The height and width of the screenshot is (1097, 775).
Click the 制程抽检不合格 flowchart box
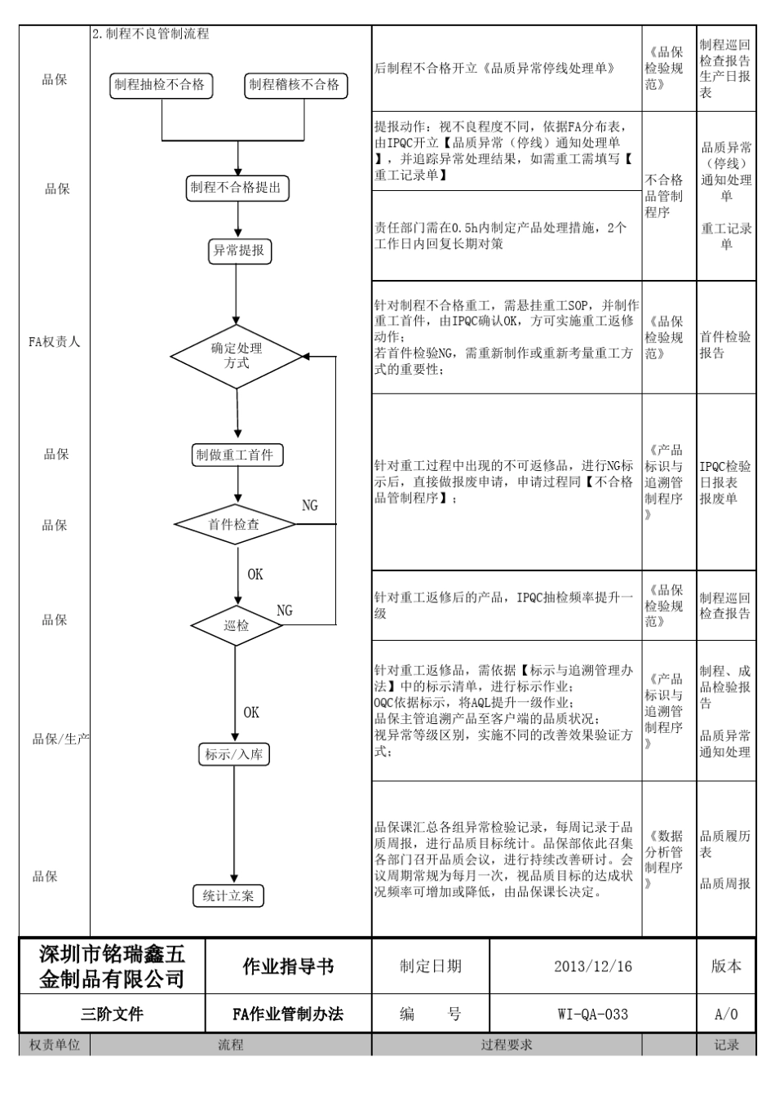(160, 85)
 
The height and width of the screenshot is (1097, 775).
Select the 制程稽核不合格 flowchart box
(295, 85)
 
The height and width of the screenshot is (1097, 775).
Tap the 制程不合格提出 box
(237, 188)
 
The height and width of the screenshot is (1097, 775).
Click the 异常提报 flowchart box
(238, 251)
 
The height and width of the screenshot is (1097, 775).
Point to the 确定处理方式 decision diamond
(237, 356)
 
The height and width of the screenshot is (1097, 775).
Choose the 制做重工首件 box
(237, 455)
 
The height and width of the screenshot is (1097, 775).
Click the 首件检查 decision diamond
(235, 525)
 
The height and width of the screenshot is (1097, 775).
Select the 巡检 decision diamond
(237, 626)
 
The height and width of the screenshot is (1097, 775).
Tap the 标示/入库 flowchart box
(234, 755)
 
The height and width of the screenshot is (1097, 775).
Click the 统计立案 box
(228, 896)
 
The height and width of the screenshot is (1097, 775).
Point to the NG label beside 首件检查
(310, 506)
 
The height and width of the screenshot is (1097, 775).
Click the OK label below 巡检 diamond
(251, 713)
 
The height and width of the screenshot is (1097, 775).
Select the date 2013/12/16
(592, 966)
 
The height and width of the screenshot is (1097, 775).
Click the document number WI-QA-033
(592, 1015)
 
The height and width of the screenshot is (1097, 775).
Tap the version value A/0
(726, 1015)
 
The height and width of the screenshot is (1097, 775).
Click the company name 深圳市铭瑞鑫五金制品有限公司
(113, 966)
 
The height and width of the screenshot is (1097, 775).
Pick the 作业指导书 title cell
(289, 966)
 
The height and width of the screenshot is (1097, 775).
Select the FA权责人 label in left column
(55, 342)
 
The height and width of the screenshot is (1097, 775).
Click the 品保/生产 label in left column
(60, 739)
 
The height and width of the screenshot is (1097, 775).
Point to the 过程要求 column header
(507, 1045)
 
